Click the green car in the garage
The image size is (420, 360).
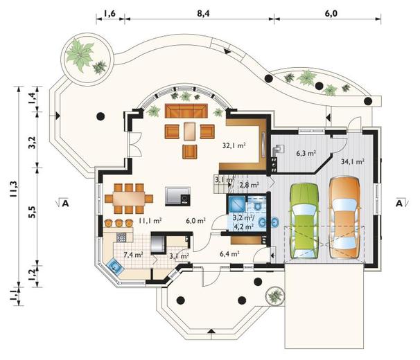coord(304,221)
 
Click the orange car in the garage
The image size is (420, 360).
coord(344,217)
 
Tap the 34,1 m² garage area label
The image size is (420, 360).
coord(352,161)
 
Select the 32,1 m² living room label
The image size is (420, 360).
coord(234,145)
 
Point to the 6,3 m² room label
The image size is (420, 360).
coord(306,154)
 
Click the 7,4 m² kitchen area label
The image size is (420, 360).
coord(133,254)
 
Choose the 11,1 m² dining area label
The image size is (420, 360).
coord(150,221)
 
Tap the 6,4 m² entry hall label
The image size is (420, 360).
coord(229,253)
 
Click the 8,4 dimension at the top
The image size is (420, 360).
coord(203,13)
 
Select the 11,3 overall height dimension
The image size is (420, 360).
coord(13,189)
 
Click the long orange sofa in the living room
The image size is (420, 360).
coord(186,111)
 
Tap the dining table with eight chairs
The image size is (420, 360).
coord(129,198)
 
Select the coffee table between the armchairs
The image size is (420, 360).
coord(190,131)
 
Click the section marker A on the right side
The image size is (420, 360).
coord(399,204)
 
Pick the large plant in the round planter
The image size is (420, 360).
coord(80,55)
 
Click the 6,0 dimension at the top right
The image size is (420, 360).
coord(331,13)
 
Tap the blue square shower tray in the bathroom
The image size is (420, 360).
coord(236,204)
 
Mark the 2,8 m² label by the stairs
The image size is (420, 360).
coord(249,184)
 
